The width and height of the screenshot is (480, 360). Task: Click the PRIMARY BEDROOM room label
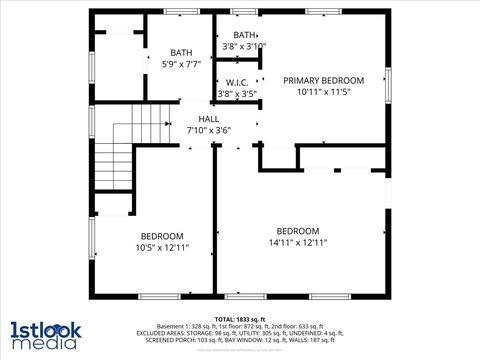[323, 80]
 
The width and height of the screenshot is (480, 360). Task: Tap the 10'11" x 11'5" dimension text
[323, 91]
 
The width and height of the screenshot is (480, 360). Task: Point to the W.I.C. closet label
[237, 83]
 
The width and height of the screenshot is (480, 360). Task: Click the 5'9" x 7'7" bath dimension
[181, 64]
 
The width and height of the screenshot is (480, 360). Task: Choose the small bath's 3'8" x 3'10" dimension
[244, 46]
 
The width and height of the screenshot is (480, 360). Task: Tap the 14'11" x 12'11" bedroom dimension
[298, 242]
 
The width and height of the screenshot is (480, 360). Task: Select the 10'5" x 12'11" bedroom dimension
[162, 247]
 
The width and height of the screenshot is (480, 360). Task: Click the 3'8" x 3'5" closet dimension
[237, 94]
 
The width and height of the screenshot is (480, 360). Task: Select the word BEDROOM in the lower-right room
[298, 231]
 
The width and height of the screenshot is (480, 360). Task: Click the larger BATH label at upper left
[181, 53]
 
